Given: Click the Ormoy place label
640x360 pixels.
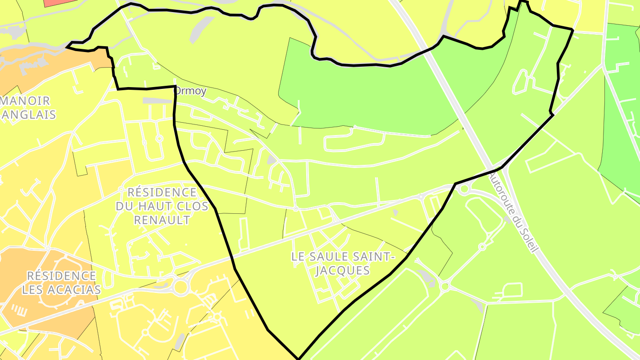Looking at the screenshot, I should coord(191,92).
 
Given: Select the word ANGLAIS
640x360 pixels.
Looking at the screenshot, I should coord(29,115).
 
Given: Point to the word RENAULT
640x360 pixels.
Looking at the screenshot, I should coord(162,220).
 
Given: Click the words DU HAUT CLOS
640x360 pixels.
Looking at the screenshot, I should coord(162,206).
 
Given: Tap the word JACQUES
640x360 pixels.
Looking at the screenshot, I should coord(342,270).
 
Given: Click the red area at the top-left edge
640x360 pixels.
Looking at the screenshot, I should coord(60,2).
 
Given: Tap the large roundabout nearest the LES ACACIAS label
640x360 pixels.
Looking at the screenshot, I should coord(180,287).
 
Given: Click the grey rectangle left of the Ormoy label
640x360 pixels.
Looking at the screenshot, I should coord(156,101).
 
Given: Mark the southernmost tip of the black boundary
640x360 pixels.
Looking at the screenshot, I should coord(299,358).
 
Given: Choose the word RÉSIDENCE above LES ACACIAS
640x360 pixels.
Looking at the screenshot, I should coord(61,276).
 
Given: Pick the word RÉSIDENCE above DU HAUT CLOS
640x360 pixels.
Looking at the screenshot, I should coord(162,192).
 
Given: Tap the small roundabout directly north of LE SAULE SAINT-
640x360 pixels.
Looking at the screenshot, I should coord(296,208).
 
